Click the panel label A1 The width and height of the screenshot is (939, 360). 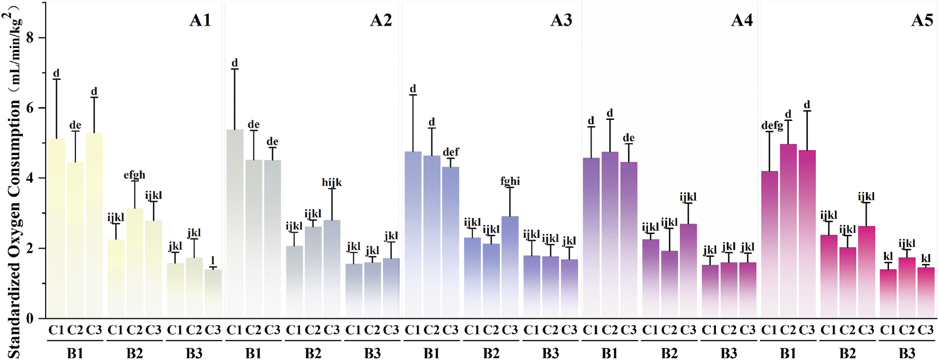[200, 21]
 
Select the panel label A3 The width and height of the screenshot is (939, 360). [561, 21]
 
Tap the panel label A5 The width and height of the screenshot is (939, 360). [922, 21]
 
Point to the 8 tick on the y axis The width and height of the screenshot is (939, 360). [30, 38]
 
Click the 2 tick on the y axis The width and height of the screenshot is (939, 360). [30, 249]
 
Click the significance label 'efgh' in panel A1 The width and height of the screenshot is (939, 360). [135, 175]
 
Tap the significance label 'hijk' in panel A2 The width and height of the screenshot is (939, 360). [332, 183]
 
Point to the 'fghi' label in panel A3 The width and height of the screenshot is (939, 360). [510, 181]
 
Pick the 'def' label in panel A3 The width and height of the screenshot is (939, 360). [451, 152]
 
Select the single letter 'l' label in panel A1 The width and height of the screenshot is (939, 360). [213, 261]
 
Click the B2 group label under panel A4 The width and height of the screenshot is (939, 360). [669, 353]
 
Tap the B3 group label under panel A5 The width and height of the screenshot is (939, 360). [907, 353]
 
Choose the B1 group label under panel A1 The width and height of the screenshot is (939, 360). [75, 353]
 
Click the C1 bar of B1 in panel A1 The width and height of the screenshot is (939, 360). [56, 228]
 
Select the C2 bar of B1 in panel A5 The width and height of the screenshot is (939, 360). [788, 234]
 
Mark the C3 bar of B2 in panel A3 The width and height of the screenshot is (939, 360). [510, 268]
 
